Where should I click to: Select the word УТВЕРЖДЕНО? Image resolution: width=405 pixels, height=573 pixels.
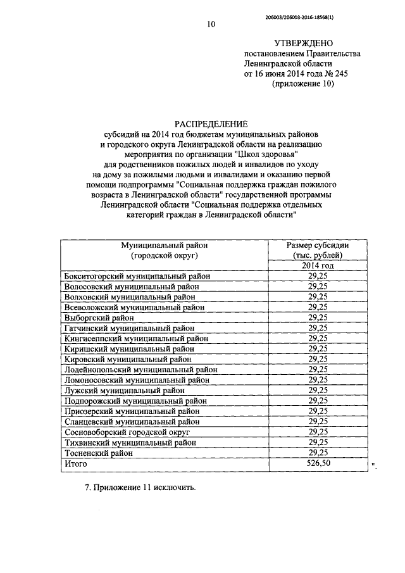[303, 43]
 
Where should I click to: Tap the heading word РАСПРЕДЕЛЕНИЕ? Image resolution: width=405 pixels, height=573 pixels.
[211, 124]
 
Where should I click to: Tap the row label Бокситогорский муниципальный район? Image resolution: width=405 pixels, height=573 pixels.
[137, 276]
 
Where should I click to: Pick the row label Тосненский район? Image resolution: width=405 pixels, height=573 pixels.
[99, 453]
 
